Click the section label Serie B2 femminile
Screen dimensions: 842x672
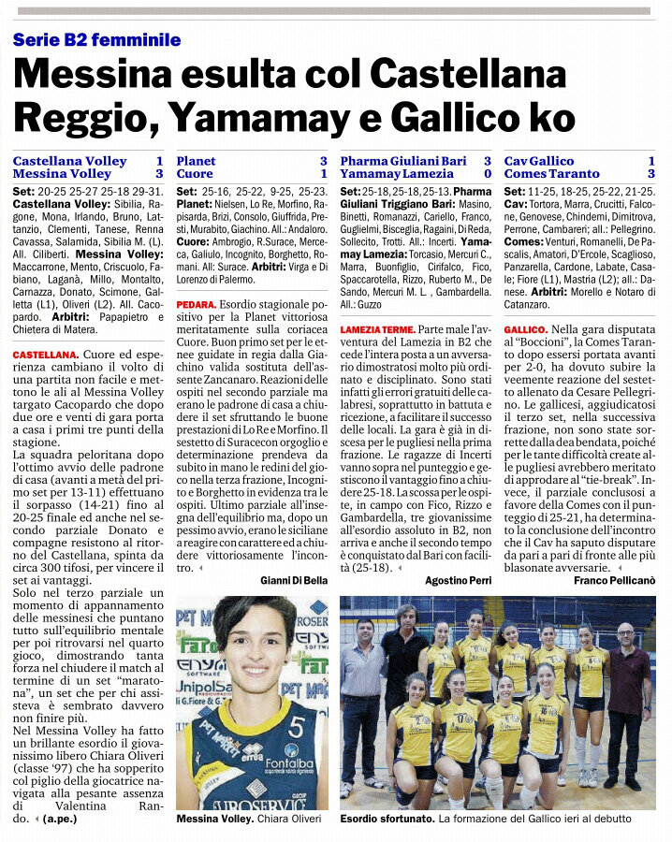click(96, 40)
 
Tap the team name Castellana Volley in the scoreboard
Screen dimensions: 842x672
click(69, 161)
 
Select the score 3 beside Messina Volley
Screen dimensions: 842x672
click(158, 174)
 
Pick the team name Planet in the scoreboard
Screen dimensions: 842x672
click(196, 161)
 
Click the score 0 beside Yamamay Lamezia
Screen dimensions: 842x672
click(488, 174)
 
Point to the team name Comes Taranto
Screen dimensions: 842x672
click(552, 174)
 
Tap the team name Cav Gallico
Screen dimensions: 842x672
click(539, 161)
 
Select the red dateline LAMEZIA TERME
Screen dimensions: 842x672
click(376, 330)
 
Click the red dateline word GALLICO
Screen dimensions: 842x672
click(525, 330)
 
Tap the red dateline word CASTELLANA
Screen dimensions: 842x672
click(45, 356)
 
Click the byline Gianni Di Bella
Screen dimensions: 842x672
click(293, 581)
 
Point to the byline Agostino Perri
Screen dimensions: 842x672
click(459, 581)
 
